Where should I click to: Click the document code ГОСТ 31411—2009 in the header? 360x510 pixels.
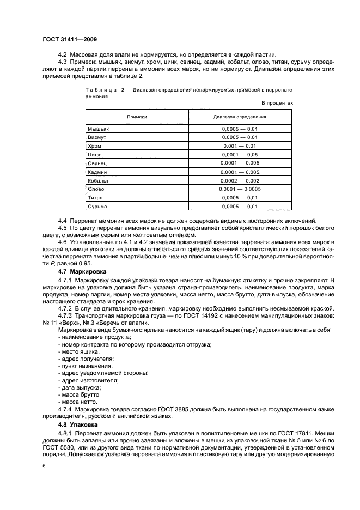pyautogui.click(x=69, y=39)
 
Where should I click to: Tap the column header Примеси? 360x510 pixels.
pyautogui.click(x=137, y=117)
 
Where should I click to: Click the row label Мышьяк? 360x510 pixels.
pyautogui.click(x=99, y=129)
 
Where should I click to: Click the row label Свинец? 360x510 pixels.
pyautogui.click(x=99, y=163)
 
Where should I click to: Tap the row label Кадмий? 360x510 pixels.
pyautogui.click(x=99, y=172)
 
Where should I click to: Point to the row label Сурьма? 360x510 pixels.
pyautogui.click(x=99, y=206)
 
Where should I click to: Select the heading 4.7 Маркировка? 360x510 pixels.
pyautogui.click(x=82, y=271)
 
